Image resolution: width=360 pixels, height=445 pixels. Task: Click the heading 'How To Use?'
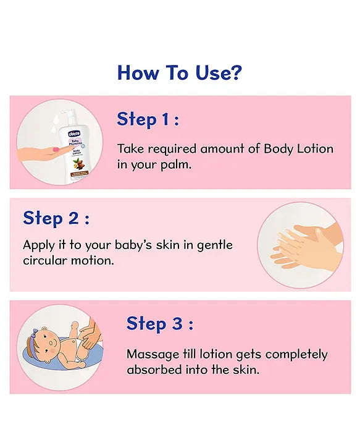coord(179,72)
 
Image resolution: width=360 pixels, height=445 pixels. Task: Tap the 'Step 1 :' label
coord(148,119)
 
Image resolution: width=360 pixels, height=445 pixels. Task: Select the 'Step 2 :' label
coord(56,218)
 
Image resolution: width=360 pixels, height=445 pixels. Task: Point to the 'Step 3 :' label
coord(159,323)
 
